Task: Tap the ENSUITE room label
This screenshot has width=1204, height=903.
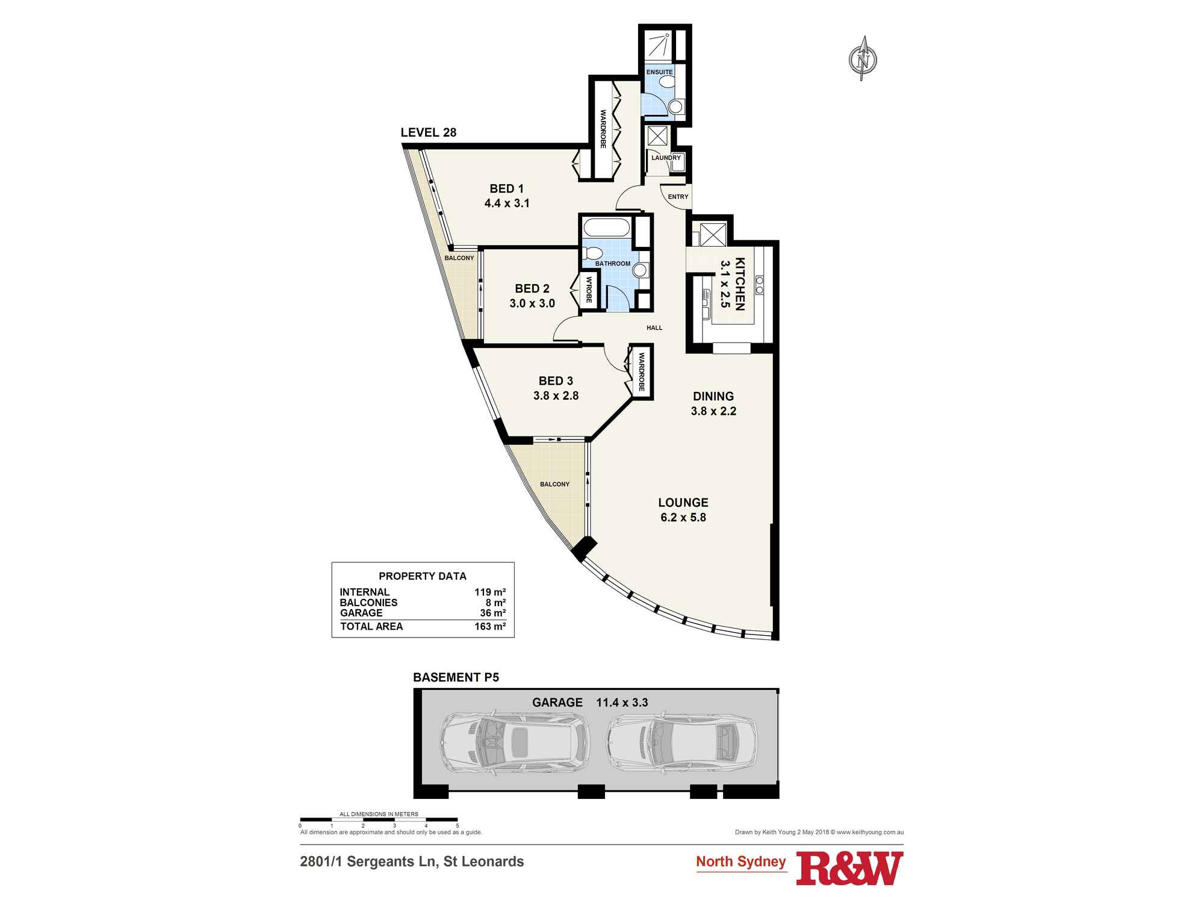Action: [x=659, y=72]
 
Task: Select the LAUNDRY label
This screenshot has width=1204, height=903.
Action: [x=666, y=158]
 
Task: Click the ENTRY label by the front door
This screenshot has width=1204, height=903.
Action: [x=678, y=197]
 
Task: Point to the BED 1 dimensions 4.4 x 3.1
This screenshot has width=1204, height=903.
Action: [x=506, y=203]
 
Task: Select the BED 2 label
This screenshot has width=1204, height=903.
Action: [x=532, y=289]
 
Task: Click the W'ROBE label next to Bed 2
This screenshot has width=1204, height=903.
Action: [x=589, y=291]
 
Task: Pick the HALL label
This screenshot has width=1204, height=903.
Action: [x=654, y=328]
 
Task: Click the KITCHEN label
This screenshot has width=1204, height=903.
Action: [x=740, y=284]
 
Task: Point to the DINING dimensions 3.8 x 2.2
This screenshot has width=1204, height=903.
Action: [x=713, y=411]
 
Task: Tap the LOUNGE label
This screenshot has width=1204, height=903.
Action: [x=683, y=503]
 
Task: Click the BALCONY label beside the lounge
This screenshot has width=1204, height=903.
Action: [x=554, y=485]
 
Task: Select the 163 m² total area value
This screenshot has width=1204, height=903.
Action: [x=489, y=627]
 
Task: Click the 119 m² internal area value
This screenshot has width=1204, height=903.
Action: [x=489, y=592]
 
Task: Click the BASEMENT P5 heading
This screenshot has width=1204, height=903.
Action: [x=456, y=677]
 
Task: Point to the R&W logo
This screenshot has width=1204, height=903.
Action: [x=849, y=869]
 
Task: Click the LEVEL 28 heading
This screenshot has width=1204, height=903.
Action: [x=429, y=132]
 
